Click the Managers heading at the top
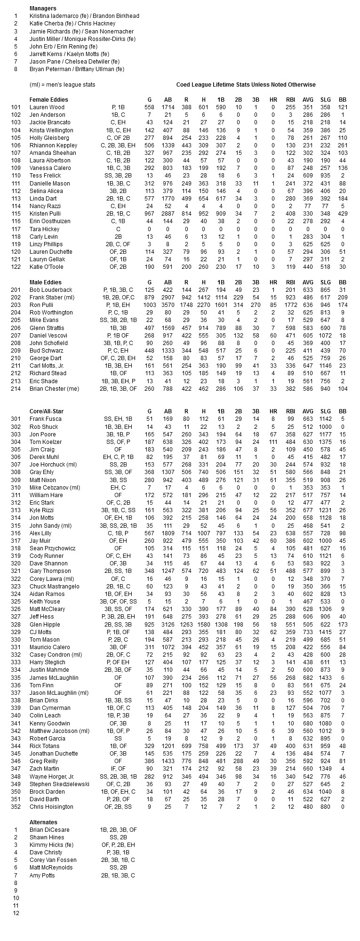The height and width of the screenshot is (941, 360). click(x=43, y=8)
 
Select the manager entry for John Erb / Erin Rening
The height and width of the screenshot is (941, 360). click(x=63, y=47)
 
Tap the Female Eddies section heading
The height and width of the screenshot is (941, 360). click(x=48, y=100)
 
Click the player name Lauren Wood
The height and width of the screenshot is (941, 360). click(x=47, y=107)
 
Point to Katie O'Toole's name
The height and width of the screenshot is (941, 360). click(x=46, y=267)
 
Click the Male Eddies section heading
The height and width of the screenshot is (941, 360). click(x=45, y=282)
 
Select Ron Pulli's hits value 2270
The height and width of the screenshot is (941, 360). click(x=204, y=305)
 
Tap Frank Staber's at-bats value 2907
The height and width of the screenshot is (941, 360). click(x=168, y=298)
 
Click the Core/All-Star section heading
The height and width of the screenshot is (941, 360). click(x=46, y=411)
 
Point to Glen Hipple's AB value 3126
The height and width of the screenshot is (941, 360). click(x=168, y=625)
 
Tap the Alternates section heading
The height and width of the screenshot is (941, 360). click(x=43, y=822)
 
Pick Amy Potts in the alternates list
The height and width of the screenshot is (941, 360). click(x=42, y=876)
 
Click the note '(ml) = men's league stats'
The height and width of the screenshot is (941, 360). click(x=62, y=85)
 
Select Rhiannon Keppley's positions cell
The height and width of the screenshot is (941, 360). click(x=118, y=145)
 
